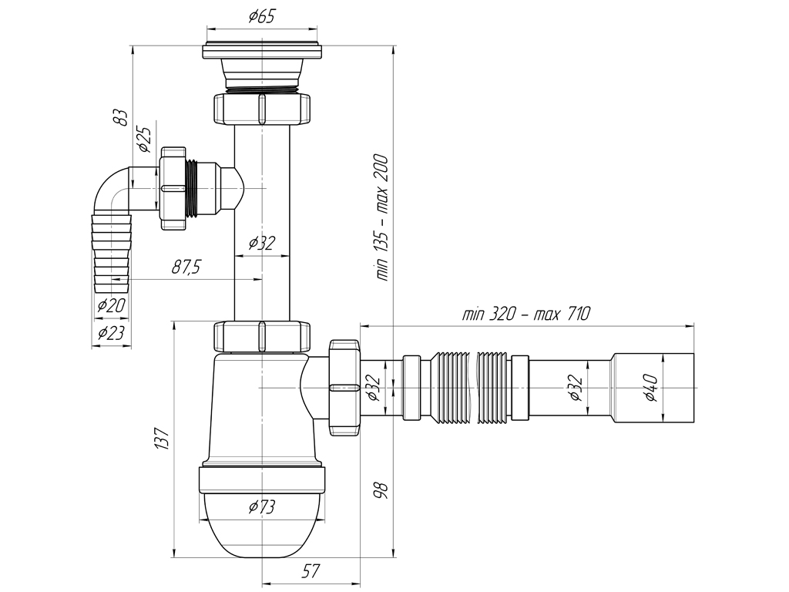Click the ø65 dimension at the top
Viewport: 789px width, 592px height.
(262, 17)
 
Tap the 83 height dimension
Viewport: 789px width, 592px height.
(120, 118)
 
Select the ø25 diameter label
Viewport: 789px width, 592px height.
(144, 139)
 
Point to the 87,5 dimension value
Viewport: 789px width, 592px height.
(186, 267)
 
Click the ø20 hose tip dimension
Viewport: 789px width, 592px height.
(111, 305)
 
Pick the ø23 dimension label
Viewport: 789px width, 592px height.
(111, 333)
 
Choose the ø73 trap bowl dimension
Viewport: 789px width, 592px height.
(262, 506)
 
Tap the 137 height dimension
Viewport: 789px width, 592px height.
(161, 438)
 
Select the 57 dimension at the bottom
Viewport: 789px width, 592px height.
(311, 571)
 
